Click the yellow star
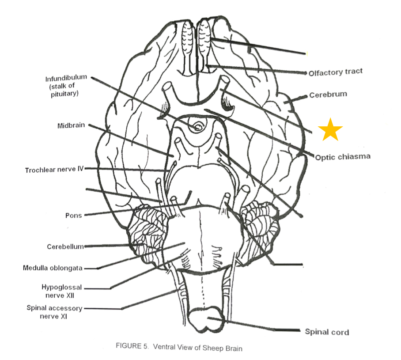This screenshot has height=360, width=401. click(x=330, y=129)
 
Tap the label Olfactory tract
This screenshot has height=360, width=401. click(x=336, y=72)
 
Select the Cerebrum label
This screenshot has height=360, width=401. click(x=328, y=95)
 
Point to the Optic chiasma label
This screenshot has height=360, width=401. click(x=343, y=157)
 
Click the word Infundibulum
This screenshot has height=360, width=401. click(x=66, y=79)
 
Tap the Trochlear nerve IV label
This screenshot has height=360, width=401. click(x=54, y=169)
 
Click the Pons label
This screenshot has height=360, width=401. click(x=73, y=216)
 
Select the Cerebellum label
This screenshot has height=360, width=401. click(x=65, y=246)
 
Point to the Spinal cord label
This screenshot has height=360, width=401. click(x=327, y=332)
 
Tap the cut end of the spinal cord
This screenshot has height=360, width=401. click(x=208, y=321)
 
